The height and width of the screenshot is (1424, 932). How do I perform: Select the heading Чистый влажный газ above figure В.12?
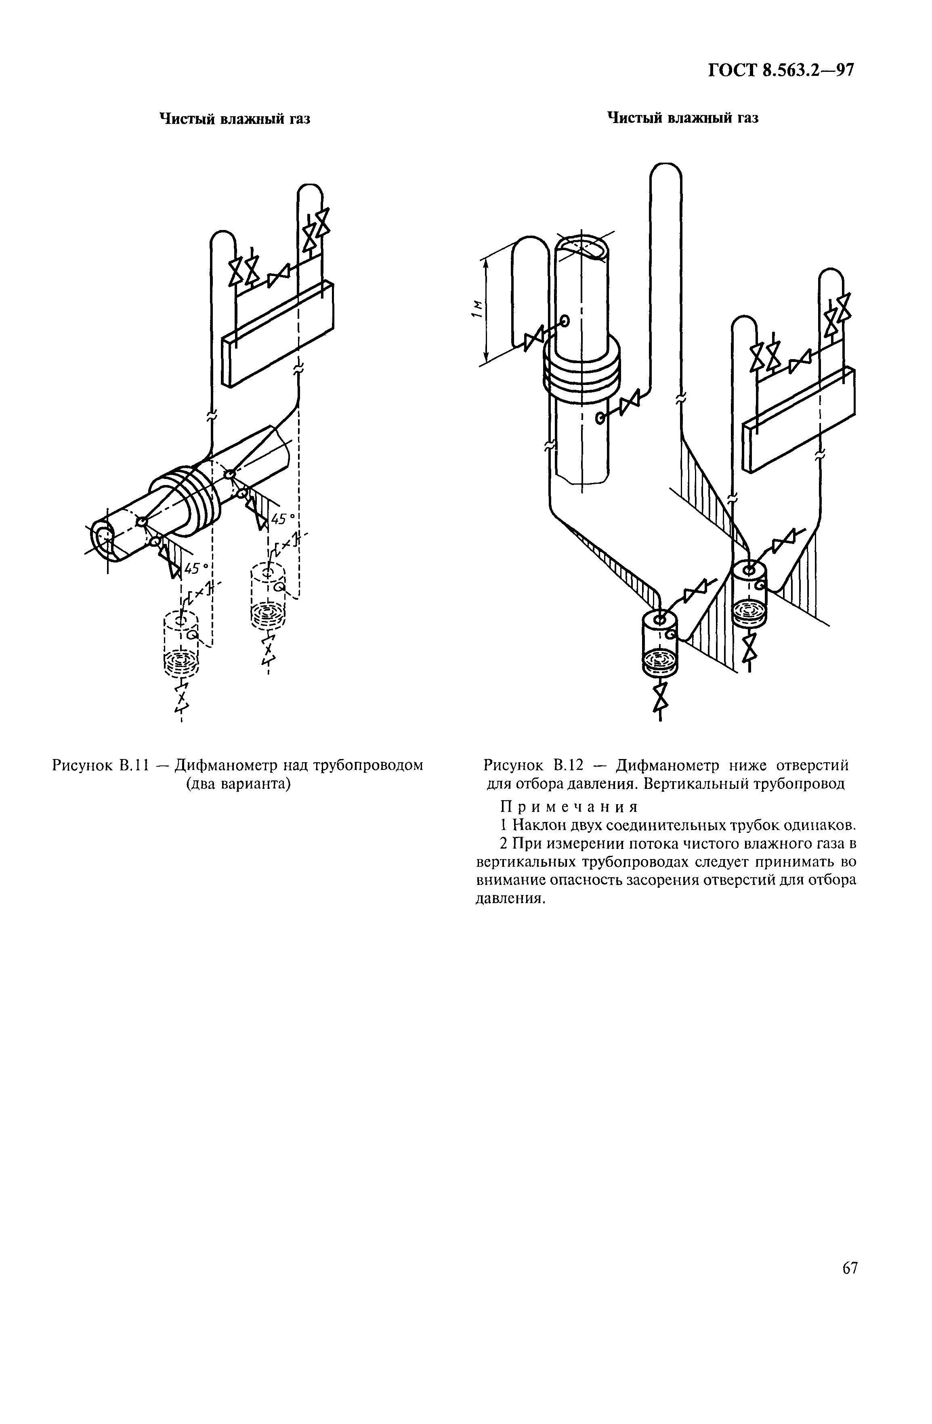click(x=682, y=118)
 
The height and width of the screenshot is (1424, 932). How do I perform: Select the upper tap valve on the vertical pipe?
click(x=533, y=340)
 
